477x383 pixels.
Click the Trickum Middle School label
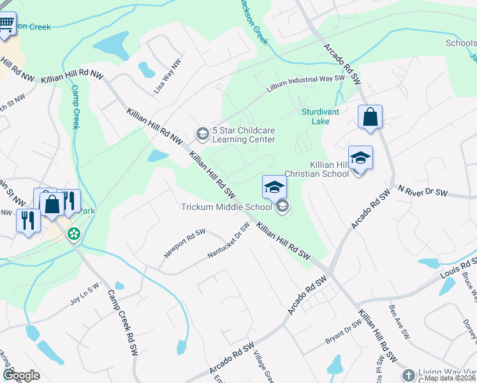[226, 207]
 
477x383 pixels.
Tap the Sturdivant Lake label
[320, 116]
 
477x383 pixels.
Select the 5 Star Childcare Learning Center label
[243, 135]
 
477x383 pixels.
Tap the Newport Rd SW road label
[185, 243]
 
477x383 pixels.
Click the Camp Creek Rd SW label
[126, 322]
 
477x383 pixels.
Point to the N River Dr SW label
[423, 191]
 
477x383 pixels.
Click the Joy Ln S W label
[84, 294]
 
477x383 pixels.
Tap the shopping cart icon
[6, 26]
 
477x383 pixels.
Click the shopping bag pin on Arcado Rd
[370, 117]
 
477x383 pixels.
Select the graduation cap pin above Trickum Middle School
[274, 186]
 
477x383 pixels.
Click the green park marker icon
[75, 234]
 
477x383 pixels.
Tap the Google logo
[21, 375]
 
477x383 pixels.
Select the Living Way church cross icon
[408, 374]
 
